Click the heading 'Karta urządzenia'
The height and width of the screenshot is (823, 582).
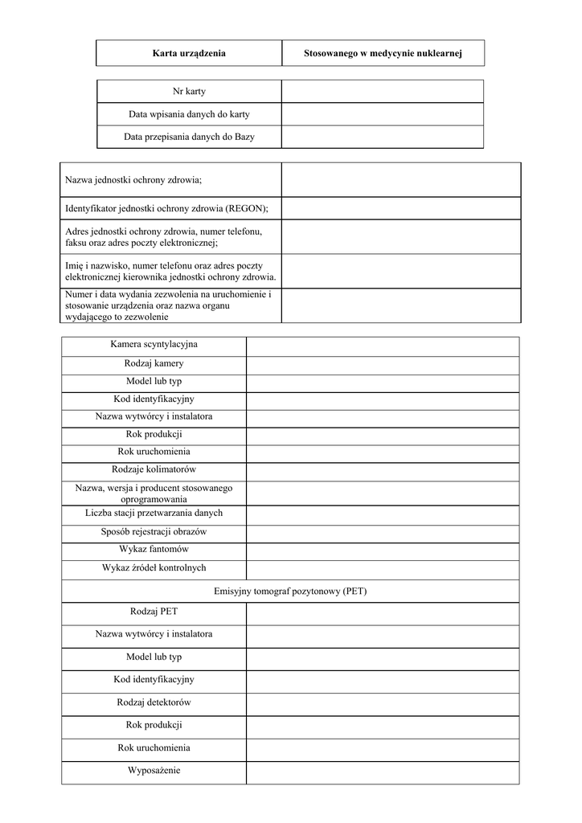pyautogui.click(x=189, y=53)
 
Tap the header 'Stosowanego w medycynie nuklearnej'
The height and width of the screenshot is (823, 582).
pyautogui.click(x=383, y=53)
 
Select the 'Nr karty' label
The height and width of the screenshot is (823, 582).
pyautogui.click(x=189, y=92)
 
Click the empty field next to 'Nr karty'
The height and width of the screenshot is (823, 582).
pyautogui.click(x=383, y=92)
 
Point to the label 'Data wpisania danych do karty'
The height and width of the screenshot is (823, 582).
pyautogui.click(x=189, y=114)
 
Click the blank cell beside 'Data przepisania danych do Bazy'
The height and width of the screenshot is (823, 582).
pyautogui.click(x=383, y=137)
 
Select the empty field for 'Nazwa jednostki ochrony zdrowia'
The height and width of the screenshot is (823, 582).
pyautogui.click(x=401, y=179)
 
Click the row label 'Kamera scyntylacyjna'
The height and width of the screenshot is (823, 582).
pyautogui.click(x=154, y=345)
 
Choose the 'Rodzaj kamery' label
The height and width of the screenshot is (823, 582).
pyautogui.click(x=154, y=363)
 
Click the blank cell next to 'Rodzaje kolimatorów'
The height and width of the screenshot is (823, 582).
pyautogui.click(x=383, y=469)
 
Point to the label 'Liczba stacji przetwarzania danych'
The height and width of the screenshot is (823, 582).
pyautogui.click(x=154, y=513)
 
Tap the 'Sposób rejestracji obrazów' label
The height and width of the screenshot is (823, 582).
pyautogui.click(x=154, y=532)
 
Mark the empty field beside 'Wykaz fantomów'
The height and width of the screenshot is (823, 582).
pyautogui.click(x=383, y=550)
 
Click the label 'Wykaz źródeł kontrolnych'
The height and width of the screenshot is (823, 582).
pyautogui.click(x=154, y=567)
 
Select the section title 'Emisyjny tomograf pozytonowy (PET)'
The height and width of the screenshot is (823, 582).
pyautogui.click(x=290, y=591)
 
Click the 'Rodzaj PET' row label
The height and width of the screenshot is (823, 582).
pyautogui.click(x=154, y=612)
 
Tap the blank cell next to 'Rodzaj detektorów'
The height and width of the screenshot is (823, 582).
pyautogui.click(x=383, y=702)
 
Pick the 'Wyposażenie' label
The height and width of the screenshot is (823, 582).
pyautogui.click(x=154, y=770)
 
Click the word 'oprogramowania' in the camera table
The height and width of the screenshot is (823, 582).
pyautogui.click(x=154, y=499)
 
